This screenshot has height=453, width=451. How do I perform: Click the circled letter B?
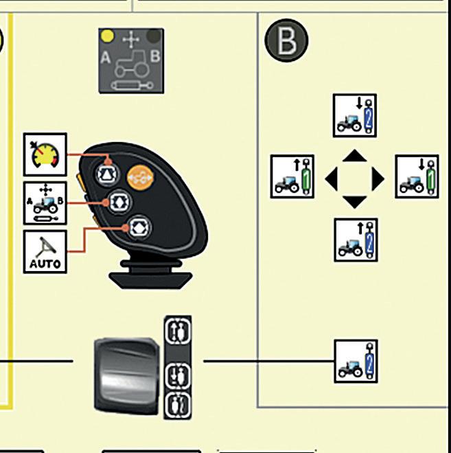point(286,41)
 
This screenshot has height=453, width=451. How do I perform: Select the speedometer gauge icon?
point(45,154)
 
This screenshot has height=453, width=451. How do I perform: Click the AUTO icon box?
point(45,252)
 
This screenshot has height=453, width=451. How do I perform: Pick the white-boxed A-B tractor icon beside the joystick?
point(45,203)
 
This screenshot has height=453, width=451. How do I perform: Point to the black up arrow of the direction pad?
point(354,156)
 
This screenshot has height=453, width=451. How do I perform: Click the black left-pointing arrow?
point(332,180)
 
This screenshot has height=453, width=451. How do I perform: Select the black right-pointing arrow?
point(377,180)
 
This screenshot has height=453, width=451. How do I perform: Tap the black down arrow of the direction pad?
point(354,202)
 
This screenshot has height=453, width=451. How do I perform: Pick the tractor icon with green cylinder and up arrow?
point(292,177)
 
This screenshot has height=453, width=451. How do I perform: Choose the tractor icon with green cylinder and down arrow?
point(417,177)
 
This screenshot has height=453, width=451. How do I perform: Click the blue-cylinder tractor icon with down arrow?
point(355,115)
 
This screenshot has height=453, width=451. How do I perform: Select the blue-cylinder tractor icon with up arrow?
point(355,239)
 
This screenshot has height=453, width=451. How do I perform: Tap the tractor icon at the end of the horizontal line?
point(356,361)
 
